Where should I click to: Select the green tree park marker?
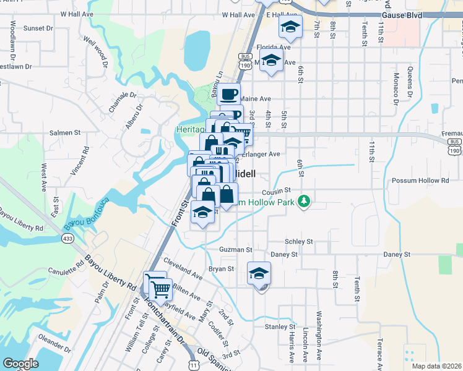pyautogui.click(x=303, y=201)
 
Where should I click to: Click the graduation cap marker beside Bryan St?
pyautogui.click(x=259, y=272)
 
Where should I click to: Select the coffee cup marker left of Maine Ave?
pyautogui.click(x=228, y=94)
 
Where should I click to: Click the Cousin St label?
pyautogui.click(x=275, y=193)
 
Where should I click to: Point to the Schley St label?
pyautogui.click(x=299, y=242)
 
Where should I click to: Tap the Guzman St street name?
pyautogui.click(x=236, y=250)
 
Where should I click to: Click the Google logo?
pyautogui.click(x=20, y=364)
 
